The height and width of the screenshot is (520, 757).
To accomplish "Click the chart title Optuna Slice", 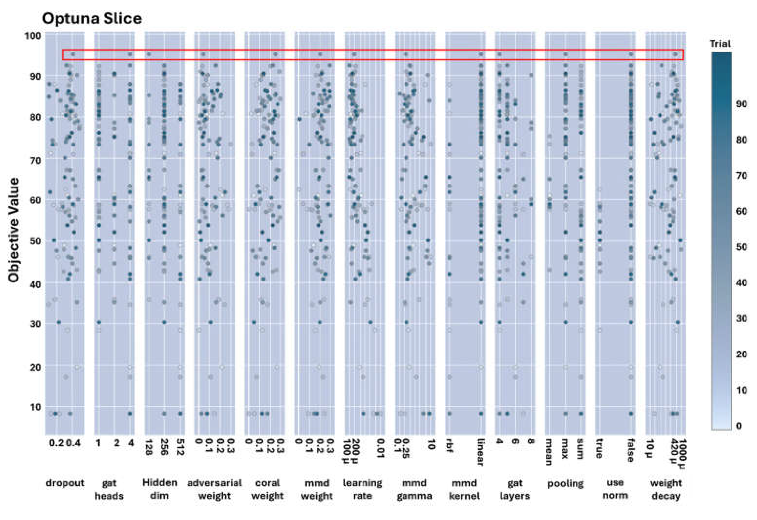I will tap(92, 19).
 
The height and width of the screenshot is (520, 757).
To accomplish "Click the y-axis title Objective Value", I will tap(13, 230).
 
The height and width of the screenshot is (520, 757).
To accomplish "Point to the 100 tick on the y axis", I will tap(33, 35).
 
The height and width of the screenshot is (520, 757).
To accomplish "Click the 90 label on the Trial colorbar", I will tap(741, 104).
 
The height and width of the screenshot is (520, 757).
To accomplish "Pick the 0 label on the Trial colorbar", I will tap(739, 426).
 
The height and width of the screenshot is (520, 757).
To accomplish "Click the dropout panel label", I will tap(65, 483).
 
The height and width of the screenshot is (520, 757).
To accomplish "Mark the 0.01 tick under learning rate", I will tap(380, 448).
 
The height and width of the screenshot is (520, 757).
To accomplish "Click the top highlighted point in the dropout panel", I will tap(73, 54).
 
